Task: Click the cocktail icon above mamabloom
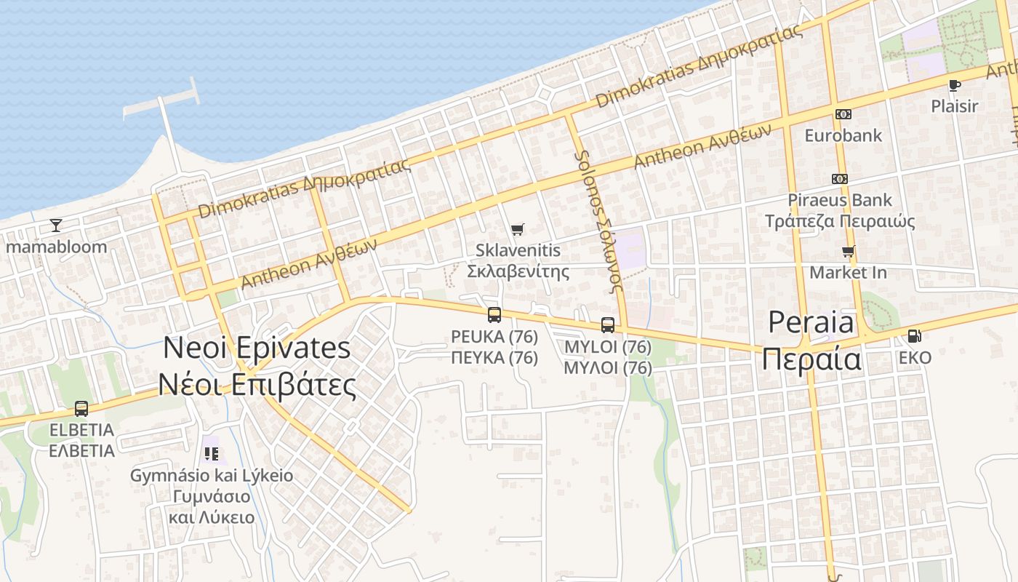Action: (56, 226)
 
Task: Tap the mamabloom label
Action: (57, 247)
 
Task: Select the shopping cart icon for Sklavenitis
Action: (517, 230)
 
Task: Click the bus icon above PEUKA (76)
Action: (494, 315)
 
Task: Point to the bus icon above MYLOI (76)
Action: (608, 325)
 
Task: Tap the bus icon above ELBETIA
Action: (81, 409)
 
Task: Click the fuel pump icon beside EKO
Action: (915, 336)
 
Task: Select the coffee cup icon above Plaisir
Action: (955, 85)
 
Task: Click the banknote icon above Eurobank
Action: (843, 114)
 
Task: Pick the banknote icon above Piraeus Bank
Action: (840, 179)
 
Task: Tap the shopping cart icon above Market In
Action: (848, 252)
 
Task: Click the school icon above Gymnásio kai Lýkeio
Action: (212, 454)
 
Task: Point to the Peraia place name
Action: (811, 322)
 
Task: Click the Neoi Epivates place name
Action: (257, 348)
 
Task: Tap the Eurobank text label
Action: (843, 135)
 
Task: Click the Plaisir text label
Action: (955, 106)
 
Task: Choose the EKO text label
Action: (915, 358)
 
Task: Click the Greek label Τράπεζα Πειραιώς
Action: (840, 221)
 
